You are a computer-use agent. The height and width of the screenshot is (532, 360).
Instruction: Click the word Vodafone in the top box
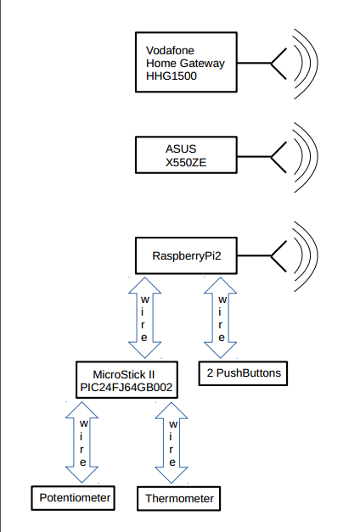[x=170, y=51]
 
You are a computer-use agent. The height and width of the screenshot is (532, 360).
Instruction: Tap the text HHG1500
[x=172, y=76]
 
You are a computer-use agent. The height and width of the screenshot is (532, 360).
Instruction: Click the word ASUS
[x=181, y=149]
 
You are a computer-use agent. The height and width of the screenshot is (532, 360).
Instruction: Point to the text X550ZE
[x=186, y=163]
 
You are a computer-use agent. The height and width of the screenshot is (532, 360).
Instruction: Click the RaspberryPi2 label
[x=187, y=256]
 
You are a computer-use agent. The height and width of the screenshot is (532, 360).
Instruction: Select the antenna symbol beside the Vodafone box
[x=278, y=64]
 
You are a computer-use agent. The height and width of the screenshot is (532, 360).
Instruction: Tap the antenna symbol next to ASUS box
[x=278, y=157]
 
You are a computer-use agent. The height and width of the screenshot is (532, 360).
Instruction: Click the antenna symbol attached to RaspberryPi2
[x=278, y=256]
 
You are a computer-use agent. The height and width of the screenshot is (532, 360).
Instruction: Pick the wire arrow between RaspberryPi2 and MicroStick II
[x=144, y=318]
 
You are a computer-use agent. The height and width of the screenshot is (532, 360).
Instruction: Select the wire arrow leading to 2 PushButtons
[x=221, y=318]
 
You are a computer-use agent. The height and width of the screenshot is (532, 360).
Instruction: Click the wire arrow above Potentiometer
[x=82, y=442]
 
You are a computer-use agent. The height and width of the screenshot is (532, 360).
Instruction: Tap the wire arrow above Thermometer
[x=172, y=443]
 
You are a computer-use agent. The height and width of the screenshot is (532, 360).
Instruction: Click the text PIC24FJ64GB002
[x=127, y=387]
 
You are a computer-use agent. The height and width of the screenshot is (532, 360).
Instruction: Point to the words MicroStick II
[x=124, y=374]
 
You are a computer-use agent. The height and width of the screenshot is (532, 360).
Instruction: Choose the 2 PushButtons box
[x=243, y=373]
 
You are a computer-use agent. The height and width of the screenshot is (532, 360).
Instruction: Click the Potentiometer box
[x=73, y=498]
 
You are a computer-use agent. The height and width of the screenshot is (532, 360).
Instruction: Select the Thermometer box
[x=179, y=498]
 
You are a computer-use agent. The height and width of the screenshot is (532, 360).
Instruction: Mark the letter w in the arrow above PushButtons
[x=222, y=300]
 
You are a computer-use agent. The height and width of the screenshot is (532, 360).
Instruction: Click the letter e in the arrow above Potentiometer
[x=83, y=462]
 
